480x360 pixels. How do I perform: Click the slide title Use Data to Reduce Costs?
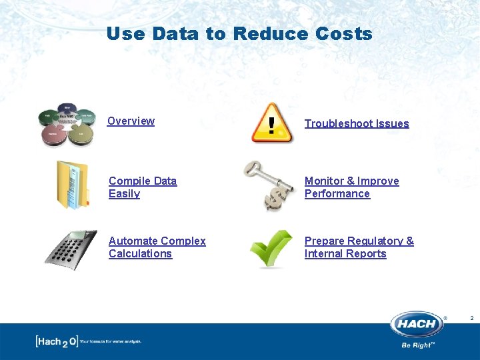pyautogui.click(x=239, y=33)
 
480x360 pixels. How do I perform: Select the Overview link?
pyautogui.click(x=131, y=121)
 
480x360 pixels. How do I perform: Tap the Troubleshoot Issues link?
pyautogui.click(x=357, y=123)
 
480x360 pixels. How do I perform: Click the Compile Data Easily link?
pyautogui.click(x=143, y=187)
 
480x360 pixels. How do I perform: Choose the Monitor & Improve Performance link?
pyautogui.click(x=351, y=187)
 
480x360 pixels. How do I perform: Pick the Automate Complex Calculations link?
pyautogui.click(x=157, y=247)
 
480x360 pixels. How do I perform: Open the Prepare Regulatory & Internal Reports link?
pyautogui.click(x=359, y=247)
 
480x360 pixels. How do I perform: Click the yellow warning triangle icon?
pyautogui.click(x=271, y=123)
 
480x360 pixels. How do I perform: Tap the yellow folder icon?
pyautogui.click(x=72, y=185)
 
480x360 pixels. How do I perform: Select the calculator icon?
pyautogui.click(x=71, y=249)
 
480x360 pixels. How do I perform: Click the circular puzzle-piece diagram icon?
pyautogui.click(x=67, y=124)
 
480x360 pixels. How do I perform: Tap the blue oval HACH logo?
pyautogui.click(x=417, y=325)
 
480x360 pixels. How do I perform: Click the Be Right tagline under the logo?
pyautogui.click(x=418, y=345)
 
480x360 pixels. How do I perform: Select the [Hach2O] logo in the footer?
pyautogui.click(x=56, y=341)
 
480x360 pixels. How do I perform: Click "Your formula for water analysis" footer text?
pyautogui.click(x=111, y=342)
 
